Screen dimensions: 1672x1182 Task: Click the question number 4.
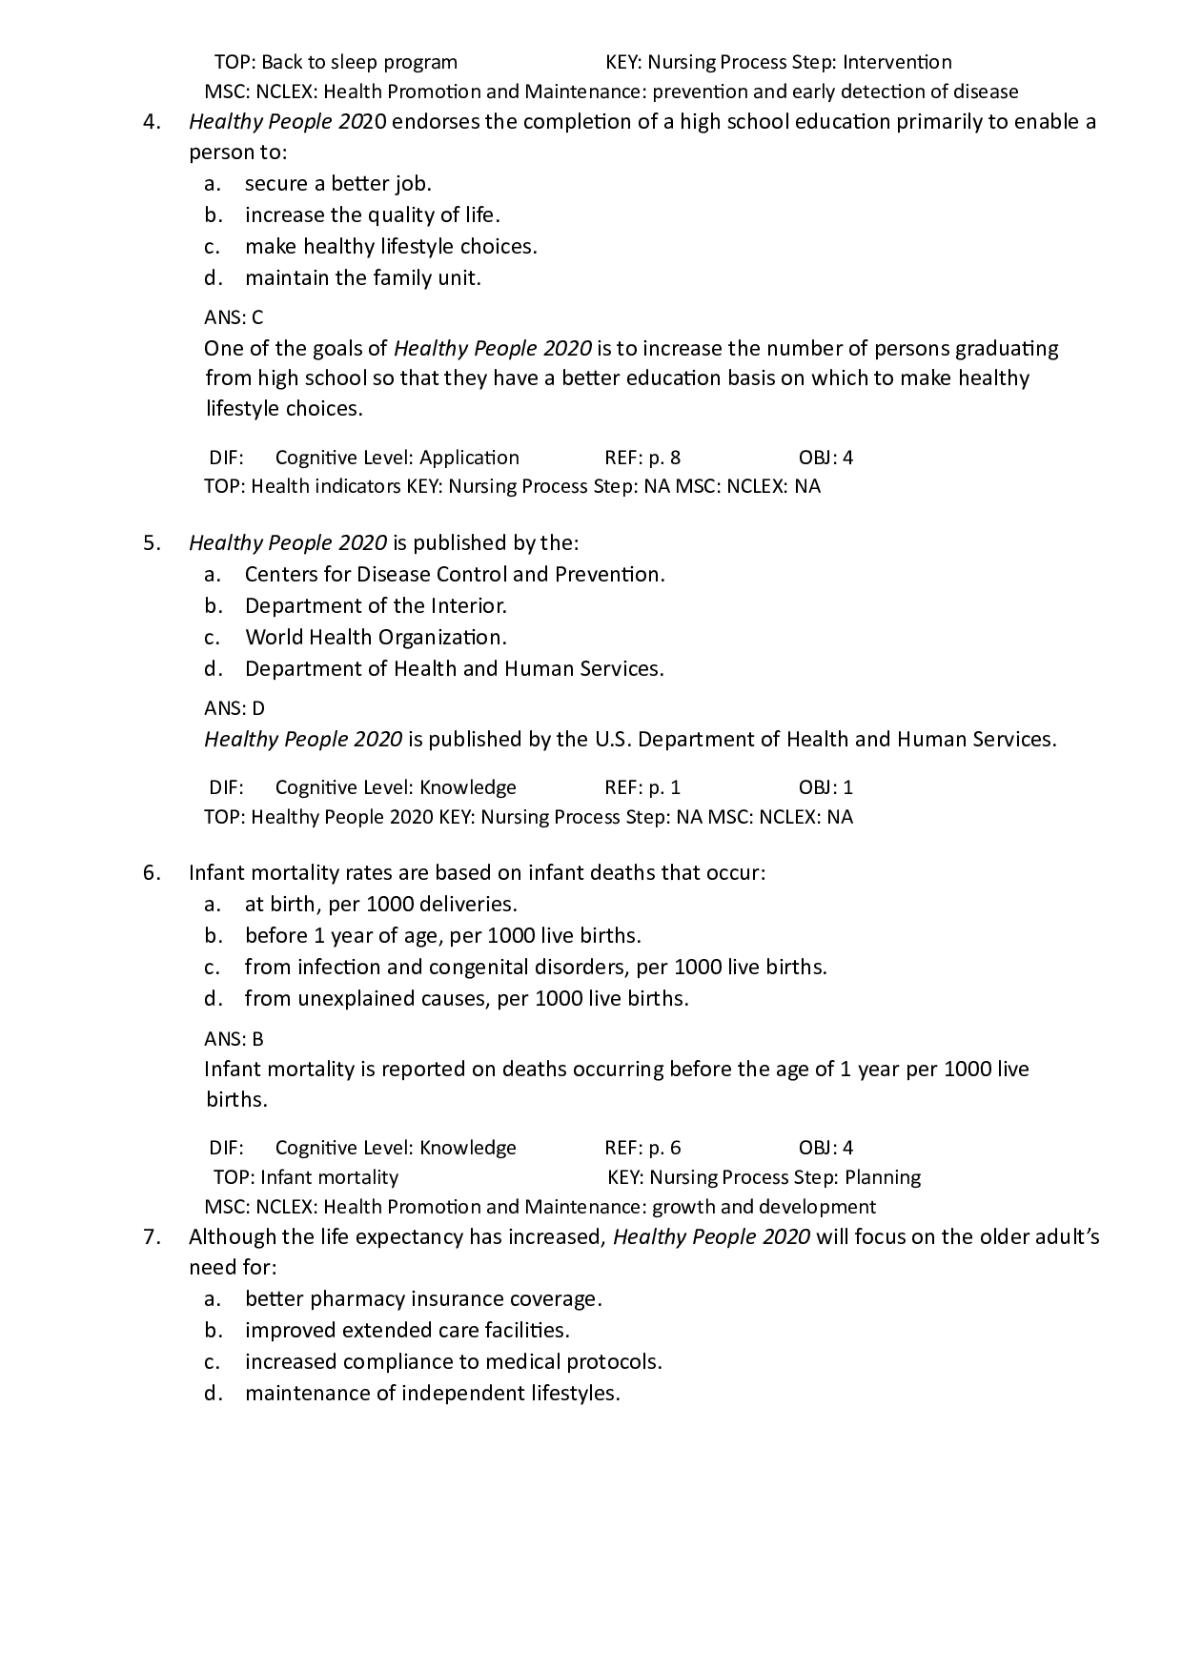pyautogui.click(x=151, y=122)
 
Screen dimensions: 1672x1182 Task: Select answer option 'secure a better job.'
pyautogui.click(x=337, y=184)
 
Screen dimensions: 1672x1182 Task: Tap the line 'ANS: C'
pyautogui.click(x=234, y=317)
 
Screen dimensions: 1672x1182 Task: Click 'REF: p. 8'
pyautogui.click(x=642, y=458)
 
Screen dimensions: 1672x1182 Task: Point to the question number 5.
pyautogui.click(x=151, y=543)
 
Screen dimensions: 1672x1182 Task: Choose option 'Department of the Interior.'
pyautogui.click(x=376, y=606)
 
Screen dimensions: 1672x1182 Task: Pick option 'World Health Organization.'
pyautogui.click(x=376, y=638)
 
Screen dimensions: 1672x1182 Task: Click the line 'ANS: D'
pyautogui.click(x=234, y=708)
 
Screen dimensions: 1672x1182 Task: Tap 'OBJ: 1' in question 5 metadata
pyautogui.click(x=825, y=787)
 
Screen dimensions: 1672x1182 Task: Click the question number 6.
pyautogui.click(x=151, y=873)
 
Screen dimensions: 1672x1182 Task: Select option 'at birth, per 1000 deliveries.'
pyautogui.click(x=380, y=905)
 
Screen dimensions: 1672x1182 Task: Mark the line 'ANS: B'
pyautogui.click(x=234, y=1039)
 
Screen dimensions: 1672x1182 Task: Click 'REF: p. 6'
pyautogui.click(x=642, y=1148)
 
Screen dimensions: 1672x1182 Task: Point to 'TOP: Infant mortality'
pyautogui.click(x=306, y=1177)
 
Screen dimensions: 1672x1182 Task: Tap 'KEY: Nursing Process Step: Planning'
pyautogui.click(x=764, y=1177)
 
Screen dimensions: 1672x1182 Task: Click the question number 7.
pyautogui.click(x=151, y=1237)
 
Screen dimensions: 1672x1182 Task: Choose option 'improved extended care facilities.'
pyautogui.click(x=407, y=1331)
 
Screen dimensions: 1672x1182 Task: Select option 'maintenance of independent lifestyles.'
pyautogui.click(x=432, y=1394)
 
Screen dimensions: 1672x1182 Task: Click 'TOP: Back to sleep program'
pyautogui.click(x=336, y=63)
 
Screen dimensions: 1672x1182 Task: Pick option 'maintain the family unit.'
pyautogui.click(x=362, y=278)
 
